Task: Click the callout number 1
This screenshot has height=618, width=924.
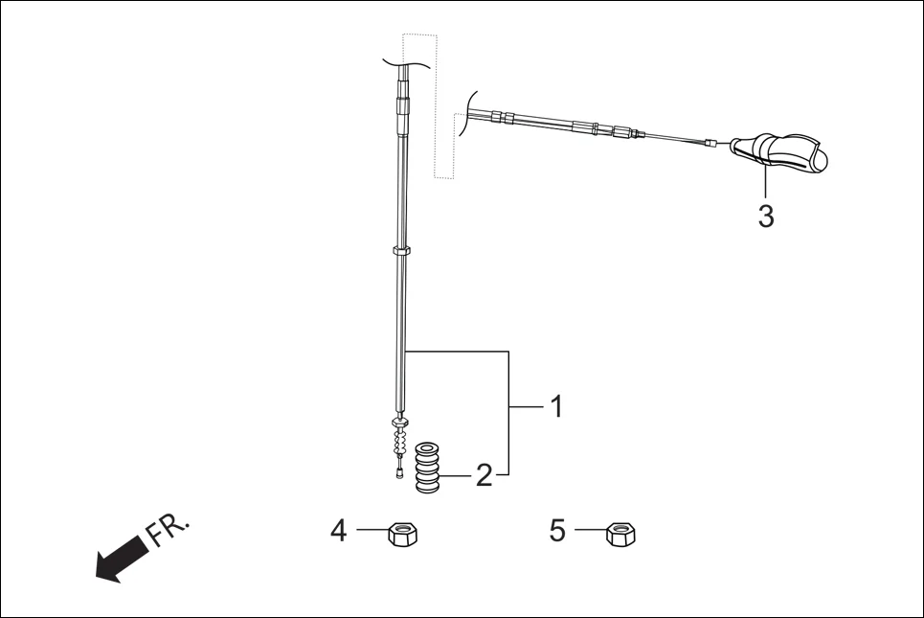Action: (x=554, y=408)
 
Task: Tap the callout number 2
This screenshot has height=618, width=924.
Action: (x=485, y=475)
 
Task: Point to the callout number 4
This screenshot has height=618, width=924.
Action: (x=338, y=530)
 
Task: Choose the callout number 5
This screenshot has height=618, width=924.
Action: (x=557, y=530)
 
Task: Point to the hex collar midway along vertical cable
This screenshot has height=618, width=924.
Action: (x=402, y=251)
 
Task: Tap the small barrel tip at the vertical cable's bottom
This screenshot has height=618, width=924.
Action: (x=398, y=471)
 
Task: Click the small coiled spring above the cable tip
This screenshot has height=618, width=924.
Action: (x=400, y=442)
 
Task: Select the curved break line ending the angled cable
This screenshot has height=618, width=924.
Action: (x=466, y=113)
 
